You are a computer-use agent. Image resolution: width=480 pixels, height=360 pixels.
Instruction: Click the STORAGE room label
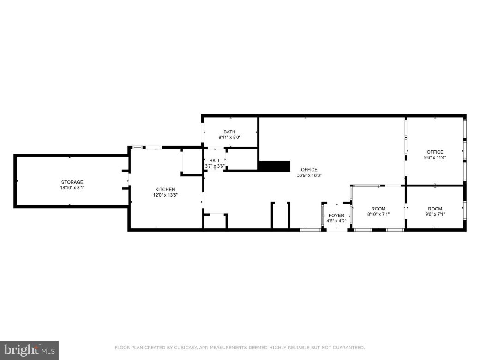click(72, 182)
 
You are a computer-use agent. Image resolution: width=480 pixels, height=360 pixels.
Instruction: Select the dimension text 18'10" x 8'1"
click(72, 188)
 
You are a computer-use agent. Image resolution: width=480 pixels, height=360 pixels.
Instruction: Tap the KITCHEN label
click(165, 189)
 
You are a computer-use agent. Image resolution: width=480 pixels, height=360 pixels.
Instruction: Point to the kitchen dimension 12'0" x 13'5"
click(165, 195)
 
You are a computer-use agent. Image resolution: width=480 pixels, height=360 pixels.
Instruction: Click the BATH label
click(229, 132)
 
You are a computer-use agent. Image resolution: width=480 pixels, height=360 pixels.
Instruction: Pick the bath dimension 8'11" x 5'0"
click(229, 138)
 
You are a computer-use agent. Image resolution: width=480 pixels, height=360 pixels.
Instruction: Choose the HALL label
click(215, 161)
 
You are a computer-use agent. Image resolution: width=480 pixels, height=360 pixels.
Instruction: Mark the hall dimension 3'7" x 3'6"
click(215, 166)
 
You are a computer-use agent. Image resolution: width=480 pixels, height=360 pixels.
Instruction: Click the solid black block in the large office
click(274, 166)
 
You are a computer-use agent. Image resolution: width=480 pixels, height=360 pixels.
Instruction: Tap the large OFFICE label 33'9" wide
click(309, 169)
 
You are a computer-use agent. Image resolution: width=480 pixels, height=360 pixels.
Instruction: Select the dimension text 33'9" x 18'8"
click(309, 175)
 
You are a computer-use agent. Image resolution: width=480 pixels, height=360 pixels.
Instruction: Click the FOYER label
click(336, 216)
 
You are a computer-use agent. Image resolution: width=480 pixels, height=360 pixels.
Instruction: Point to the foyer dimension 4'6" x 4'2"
click(336, 221)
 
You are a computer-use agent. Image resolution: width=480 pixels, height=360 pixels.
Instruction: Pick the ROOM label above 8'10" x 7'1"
click(378, 209)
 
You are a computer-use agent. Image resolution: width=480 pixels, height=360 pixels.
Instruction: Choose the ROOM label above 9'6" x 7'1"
click(435, 209)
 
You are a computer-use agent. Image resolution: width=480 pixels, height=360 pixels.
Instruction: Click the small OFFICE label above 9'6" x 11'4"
click(435, 152)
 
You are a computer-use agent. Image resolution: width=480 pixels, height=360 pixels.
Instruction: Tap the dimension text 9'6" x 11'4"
click(435, 157)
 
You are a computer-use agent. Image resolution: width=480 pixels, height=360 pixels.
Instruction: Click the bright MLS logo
click(29, 350)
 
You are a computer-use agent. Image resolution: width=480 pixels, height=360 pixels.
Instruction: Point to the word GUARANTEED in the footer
click(348, 348)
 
